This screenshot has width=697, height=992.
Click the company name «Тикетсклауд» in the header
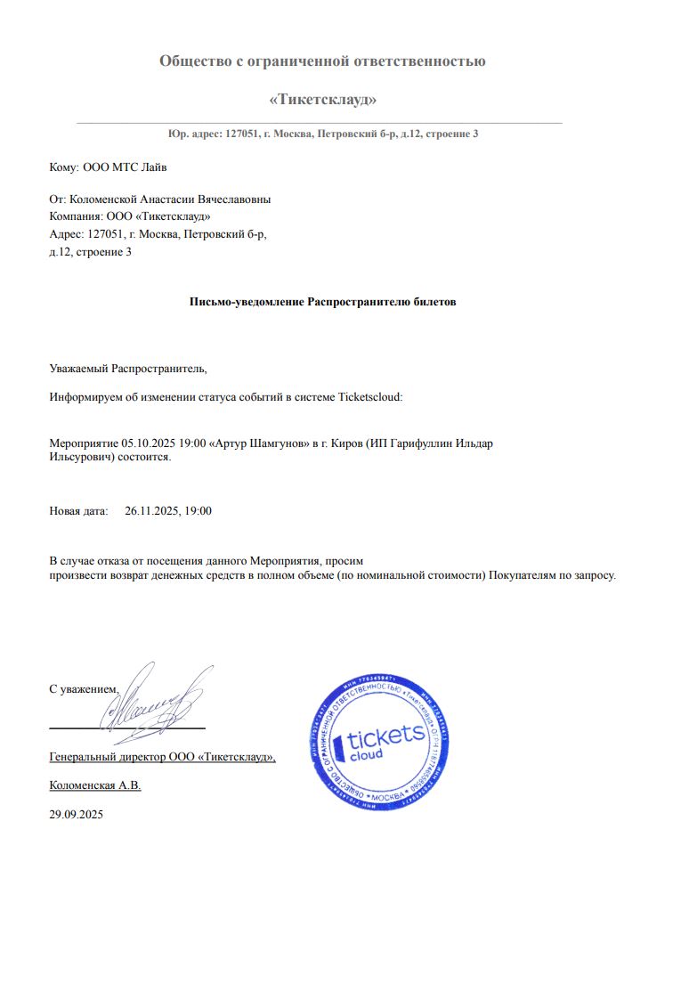[x=322, y=99]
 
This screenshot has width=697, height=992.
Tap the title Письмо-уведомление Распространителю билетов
[x=322, y=302]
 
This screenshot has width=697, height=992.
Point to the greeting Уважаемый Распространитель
[x=127, y=368]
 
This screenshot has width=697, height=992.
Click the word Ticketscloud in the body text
[x=371, y=397]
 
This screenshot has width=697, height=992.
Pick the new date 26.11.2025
[x=152, y=511]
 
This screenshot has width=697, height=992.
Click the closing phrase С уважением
[x=83, y=689]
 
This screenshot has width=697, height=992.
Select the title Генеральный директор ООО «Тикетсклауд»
[x=162, y=758]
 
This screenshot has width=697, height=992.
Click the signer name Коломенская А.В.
[x=95, y=785]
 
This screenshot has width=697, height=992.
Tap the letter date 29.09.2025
[x=77, y=813]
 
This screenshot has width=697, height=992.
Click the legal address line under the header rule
[x=322, y=134]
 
